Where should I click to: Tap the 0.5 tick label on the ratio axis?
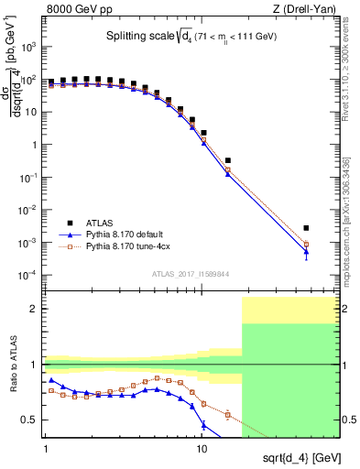(x=30, y=420)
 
